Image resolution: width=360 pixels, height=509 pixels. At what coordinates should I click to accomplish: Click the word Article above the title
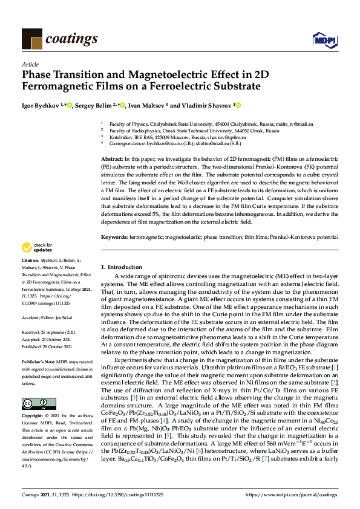[x=30, y=63]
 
